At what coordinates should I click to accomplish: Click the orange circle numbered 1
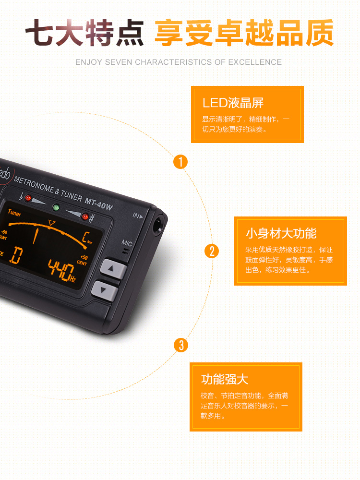(180, 162)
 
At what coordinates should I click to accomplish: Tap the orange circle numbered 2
(211, 251)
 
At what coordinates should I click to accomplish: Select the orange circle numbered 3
(181, 345)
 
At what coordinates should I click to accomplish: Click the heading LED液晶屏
(233, 103)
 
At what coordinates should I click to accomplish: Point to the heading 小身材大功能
(281, 234)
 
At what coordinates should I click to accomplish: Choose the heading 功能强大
(225, 379)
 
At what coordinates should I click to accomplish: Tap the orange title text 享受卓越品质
(244, 34)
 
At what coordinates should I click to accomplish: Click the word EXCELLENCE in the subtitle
(255, 62)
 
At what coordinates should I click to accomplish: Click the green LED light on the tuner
(56, 208)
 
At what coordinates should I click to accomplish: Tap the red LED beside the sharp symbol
(85, 217)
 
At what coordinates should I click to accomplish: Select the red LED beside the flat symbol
(28, 198)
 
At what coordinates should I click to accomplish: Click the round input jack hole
(158, 222)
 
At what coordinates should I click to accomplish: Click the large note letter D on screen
(16, 255)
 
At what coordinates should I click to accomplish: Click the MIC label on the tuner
(127, 244)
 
